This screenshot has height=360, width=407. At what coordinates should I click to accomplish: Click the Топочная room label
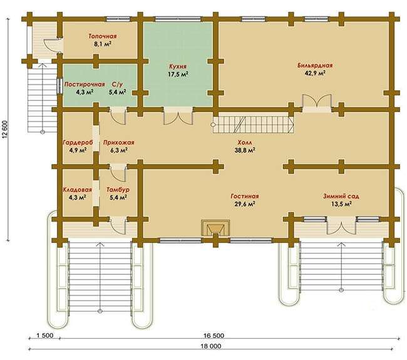103,36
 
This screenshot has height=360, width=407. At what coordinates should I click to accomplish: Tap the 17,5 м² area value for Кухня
178,74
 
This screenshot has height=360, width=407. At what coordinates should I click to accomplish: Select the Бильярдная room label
315,65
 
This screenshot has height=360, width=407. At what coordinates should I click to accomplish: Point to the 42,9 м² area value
315,73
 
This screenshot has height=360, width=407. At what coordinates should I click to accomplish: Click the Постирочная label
85,85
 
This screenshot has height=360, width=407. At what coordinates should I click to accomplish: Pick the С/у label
116,85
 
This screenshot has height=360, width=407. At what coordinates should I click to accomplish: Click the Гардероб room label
78,143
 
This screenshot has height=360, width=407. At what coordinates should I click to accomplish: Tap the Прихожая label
119,143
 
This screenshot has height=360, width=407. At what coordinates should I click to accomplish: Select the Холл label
245,143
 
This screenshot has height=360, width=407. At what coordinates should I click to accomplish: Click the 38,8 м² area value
245,150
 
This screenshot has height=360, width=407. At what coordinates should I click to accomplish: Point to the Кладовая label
78,190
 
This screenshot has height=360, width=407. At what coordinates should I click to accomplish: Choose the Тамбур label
118,190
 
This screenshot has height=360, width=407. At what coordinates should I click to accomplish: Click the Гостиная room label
245,196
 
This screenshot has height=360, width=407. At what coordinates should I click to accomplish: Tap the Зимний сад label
341,196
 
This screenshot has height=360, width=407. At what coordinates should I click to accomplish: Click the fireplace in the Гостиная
215,228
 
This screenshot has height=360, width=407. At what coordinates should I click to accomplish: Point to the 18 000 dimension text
211,346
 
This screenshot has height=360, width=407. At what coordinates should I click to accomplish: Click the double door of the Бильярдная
317,103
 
